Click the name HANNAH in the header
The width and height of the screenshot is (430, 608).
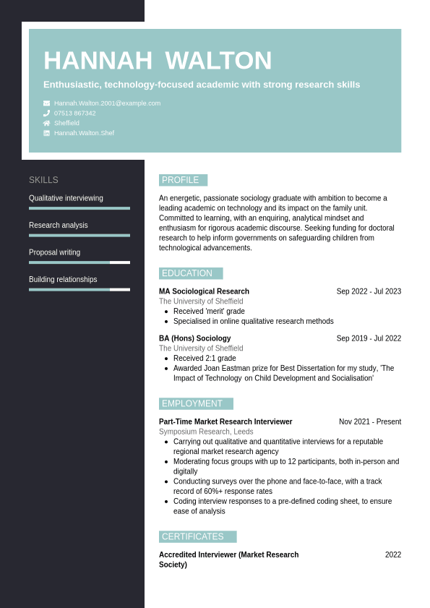pos(98,61)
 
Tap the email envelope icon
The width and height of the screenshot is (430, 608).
pos(47,103)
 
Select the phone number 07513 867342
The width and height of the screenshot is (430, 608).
pos(74,114)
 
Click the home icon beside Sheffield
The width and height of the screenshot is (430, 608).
pos(47,123)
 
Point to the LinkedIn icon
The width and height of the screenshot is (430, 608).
pos(47,133)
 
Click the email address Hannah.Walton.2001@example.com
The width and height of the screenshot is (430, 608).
pos(107,103)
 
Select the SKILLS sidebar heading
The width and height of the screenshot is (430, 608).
pos(43,180)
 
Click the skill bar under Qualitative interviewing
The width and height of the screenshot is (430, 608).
pos(79,208)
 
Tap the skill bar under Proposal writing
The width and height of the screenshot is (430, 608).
pos(79,262)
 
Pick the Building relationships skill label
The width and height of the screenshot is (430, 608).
pos(63,279)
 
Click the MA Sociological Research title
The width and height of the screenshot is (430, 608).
pos(204,291)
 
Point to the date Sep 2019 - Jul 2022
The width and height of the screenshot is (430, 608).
pos(369,338)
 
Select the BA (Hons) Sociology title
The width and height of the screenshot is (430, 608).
pos(195,338)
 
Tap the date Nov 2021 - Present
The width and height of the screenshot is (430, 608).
pos(370,421)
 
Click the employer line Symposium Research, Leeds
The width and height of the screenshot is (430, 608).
pos(206,432)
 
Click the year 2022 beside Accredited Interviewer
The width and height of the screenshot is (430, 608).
pos(393,555)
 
